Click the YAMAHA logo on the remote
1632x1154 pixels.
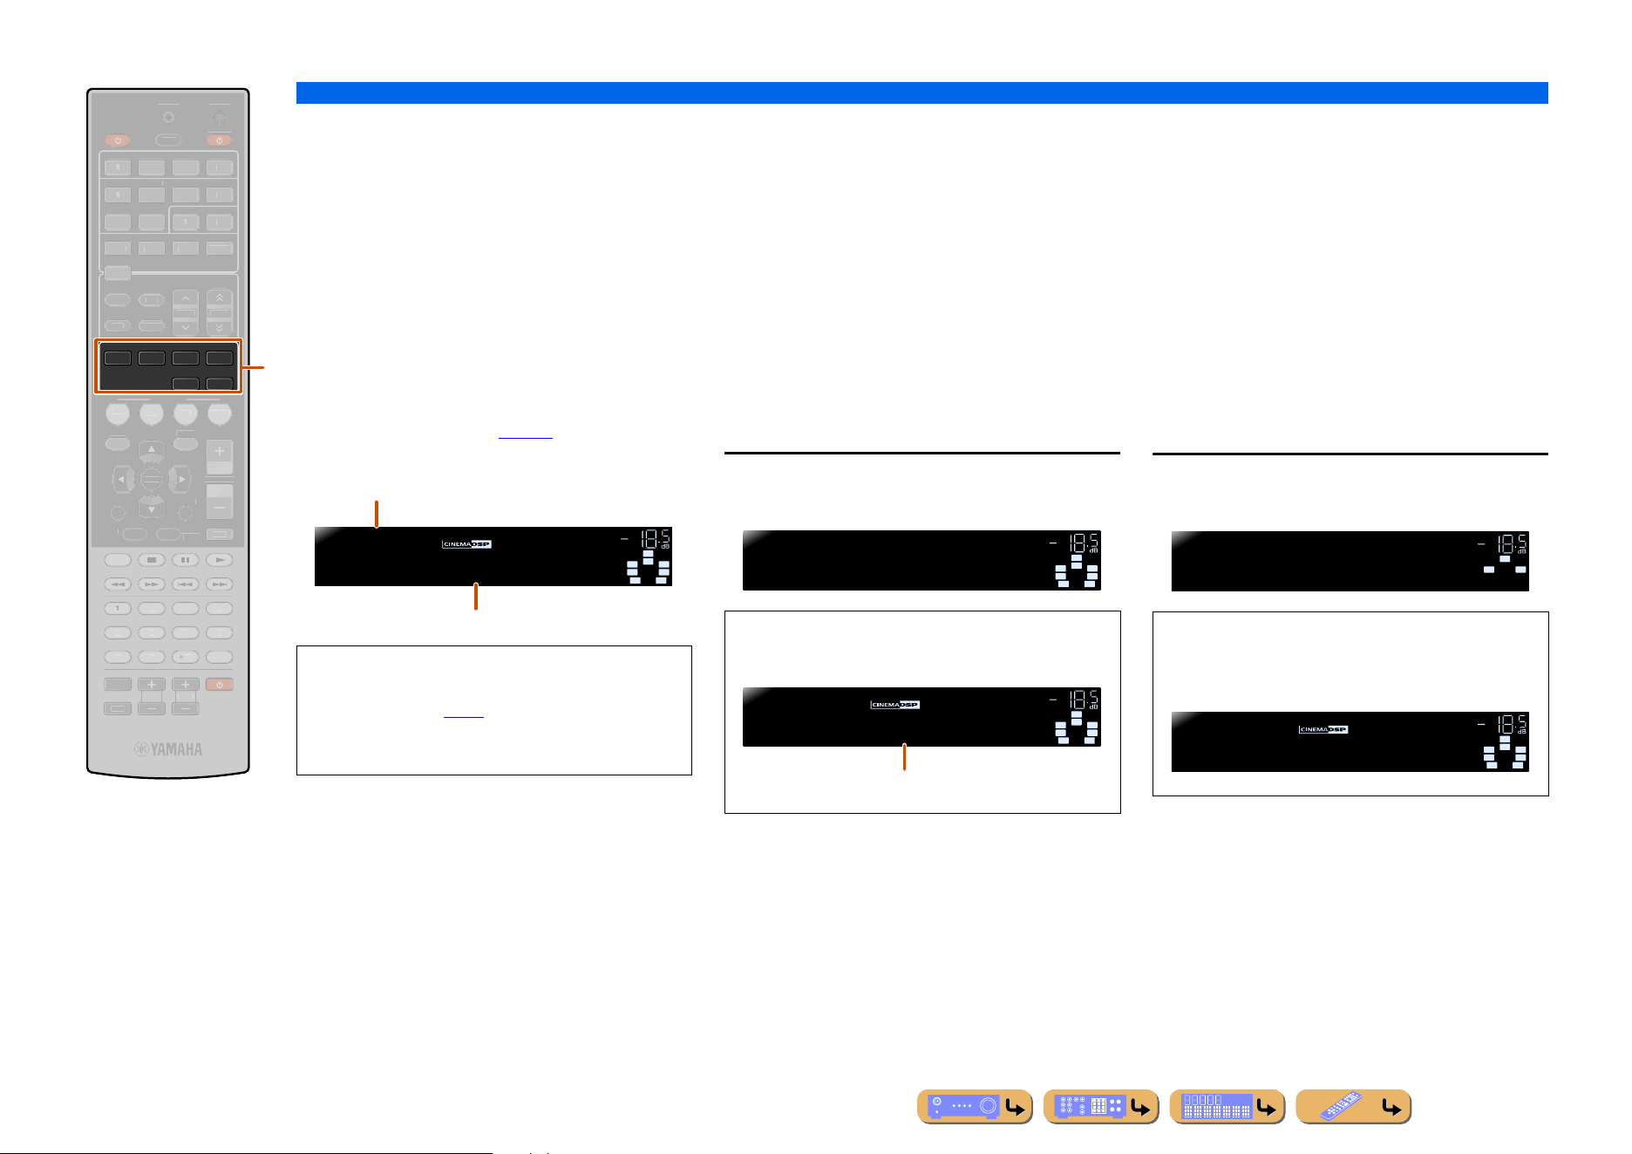[168, 749]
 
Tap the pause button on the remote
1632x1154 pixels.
[186, 560]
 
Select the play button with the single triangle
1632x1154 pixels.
[220, 560]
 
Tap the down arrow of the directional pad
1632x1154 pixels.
[152, 508]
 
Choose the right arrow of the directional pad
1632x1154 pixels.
[180, 479]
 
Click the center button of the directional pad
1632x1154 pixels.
[152, 479]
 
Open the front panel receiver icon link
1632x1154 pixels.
[975, 1107]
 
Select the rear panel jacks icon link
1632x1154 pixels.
[1100, 1107]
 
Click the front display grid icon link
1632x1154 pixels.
[1227, 1107]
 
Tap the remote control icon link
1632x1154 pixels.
[1353, 1107]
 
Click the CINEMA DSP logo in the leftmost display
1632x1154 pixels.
[466, 544]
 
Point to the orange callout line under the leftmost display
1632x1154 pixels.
[476, 597]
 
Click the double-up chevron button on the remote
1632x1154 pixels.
[220, 298]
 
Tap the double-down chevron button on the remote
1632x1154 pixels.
[220, 328]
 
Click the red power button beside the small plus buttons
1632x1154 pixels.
[220, 685]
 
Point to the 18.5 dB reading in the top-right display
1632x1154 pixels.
[1510, 544]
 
